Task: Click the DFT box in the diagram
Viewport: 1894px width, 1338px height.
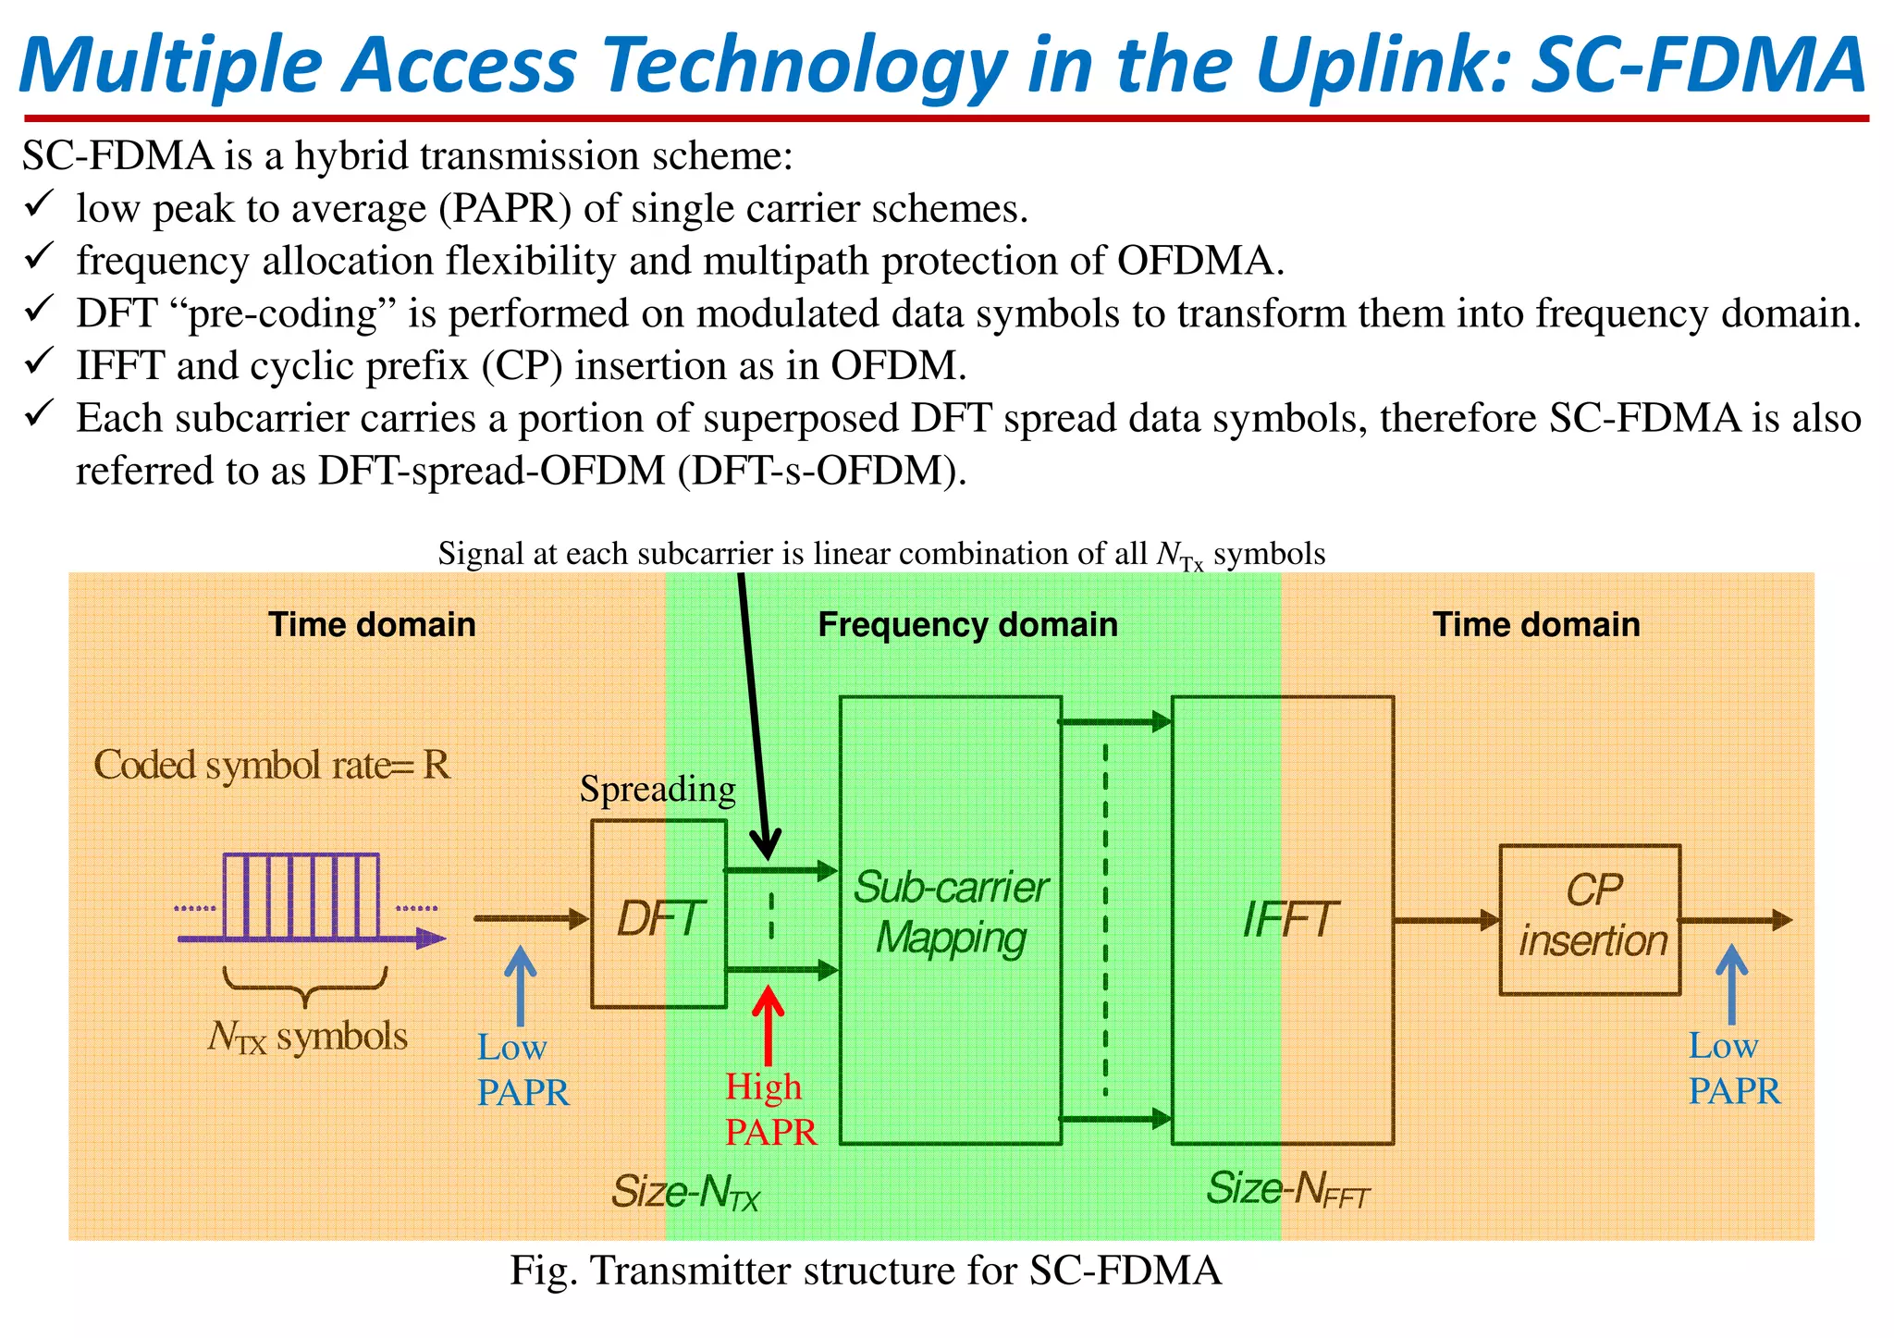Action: coord(658,915)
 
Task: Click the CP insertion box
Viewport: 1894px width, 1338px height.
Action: coord(1590,919)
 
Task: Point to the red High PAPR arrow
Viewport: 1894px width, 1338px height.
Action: coord(768,1026)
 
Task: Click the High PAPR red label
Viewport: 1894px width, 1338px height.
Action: coord(769,1109)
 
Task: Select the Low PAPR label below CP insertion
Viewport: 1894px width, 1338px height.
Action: coord(1733,1068)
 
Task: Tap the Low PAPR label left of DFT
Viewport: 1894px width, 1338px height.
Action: coord(522,1070)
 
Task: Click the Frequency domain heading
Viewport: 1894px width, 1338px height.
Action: coord(967,625)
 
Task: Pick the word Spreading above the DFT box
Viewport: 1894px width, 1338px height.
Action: coord(658,789)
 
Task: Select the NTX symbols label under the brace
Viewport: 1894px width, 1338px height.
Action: coord(307,1037)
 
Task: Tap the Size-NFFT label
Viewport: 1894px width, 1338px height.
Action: coord(1287,1189)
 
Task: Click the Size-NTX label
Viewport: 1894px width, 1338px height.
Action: coord(685,1192)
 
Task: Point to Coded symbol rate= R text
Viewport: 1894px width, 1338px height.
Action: coord(272,766)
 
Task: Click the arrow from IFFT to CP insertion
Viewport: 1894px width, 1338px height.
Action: coord(1445,920)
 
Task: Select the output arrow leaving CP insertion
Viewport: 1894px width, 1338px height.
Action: coord(1735,920)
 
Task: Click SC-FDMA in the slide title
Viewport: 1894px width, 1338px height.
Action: coord(1696,65)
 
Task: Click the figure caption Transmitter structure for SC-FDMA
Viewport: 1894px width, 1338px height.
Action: coord(865,1270)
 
